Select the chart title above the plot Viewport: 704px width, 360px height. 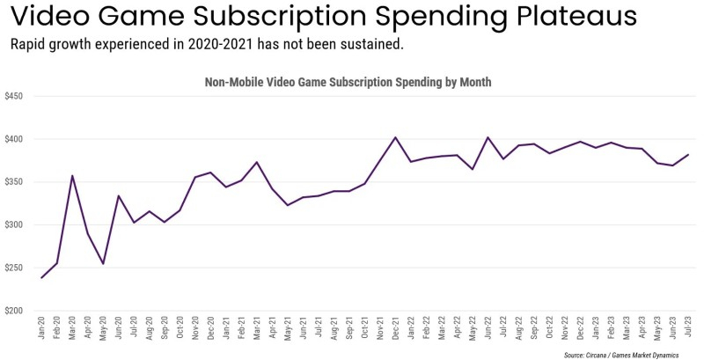[x=348, y=82]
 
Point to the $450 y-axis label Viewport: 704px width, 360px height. [x=15, y=96]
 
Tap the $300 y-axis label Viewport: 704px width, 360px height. [x=15, y=225]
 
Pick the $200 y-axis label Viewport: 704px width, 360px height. [x=15, y=311]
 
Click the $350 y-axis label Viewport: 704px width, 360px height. [x=15, y=182]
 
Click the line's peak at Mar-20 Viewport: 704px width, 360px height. [x=72, y=176]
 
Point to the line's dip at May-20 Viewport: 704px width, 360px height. [x=103, y=263]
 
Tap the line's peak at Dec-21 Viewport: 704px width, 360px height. [x=395, y=137]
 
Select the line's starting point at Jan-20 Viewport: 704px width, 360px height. [x=41, y=278]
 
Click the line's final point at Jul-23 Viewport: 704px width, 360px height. [x=686, y=155]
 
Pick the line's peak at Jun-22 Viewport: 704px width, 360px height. [x=488, y=137]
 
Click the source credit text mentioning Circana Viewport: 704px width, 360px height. [x=630, y=353]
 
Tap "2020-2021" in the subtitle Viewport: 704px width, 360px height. [x=224, y=44]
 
